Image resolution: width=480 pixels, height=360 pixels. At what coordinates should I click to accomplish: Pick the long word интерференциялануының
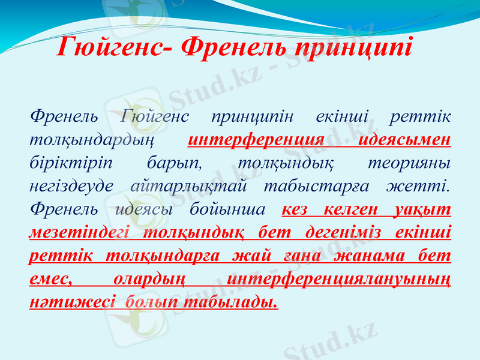341,279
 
